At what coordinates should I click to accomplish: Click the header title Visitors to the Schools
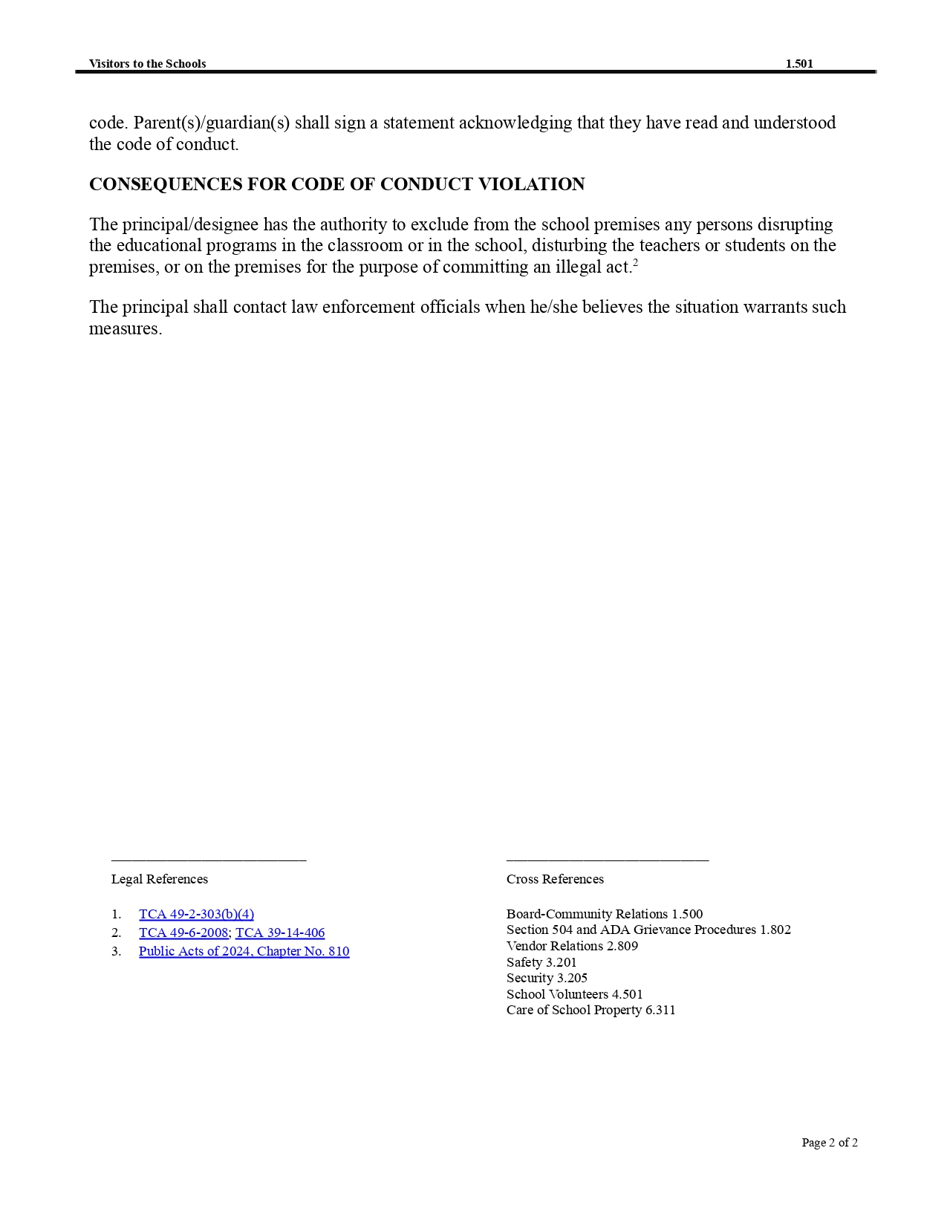pyautogui.click(x=147, y=64)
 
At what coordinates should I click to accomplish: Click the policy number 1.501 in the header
pyautogui.click(x=799, y=64)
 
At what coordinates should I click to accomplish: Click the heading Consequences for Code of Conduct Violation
pyautogui.click(x=336, y=184)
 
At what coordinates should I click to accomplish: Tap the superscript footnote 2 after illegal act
pyautogui.click(x=636, y=262)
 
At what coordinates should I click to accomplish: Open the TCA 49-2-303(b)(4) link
pyautogui.click(x=196, y=914)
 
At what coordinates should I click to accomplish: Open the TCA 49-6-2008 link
pyautogui.click(x=183, y=933)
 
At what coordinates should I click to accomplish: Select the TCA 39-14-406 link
pyautogui.click(x=280, y=933)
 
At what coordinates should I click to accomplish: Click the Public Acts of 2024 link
pyautogui.click(x=244, y=951)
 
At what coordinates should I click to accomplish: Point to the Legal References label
pyautogui.click(x=160, y=879)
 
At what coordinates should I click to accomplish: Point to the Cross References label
pyautogui.click(x=555, y=879)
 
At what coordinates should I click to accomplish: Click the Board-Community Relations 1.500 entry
pyautogui.click(x=605, y=914)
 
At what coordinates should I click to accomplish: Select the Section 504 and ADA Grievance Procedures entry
pyautogui.click(x=648, y=930)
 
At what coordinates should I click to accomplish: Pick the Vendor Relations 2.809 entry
pyautogui.click(x=572, y=946)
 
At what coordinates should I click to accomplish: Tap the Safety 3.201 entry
pyautogui.click(x=541, y=962)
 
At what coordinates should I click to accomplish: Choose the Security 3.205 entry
pyautogui.click(x=547, y=978)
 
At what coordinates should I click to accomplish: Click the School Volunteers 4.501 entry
pyautogui.click(x=575, y=994)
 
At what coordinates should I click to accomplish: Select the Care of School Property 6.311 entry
pyautogui.click(x=591, y=1010)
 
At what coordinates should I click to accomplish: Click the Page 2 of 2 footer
pyautogui.click(x=830, y=1143)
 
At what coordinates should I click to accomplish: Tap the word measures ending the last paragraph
pyautogui.click(x=125, y=329)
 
